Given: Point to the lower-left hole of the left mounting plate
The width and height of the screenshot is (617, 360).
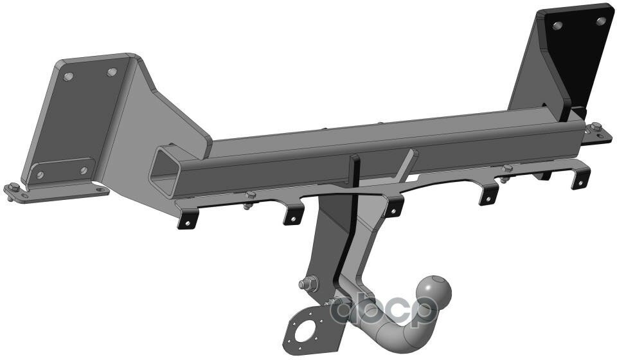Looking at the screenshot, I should (40, 175).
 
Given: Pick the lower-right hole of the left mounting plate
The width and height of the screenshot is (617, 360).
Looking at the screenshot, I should (83, 170).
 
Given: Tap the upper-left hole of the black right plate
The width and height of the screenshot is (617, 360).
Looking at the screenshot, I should (557, 25).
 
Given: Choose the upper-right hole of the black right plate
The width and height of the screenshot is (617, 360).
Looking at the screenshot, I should (600, 21).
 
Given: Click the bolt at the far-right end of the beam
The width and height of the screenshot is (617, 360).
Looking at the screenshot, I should (595, 127).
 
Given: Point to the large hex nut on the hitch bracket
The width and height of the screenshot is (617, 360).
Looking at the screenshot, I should (308, 283).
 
